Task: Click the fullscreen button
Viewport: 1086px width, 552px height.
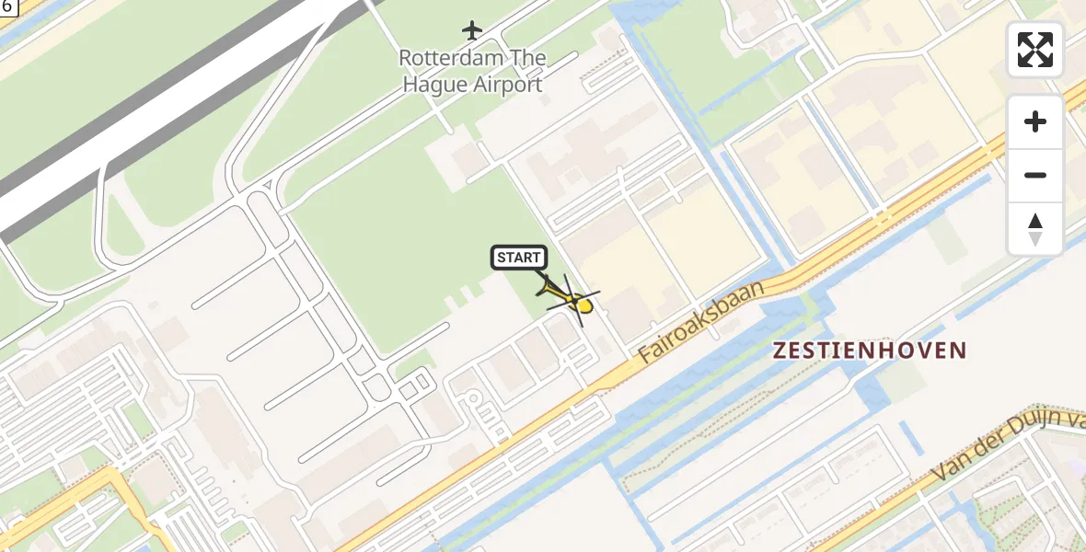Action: click(x=1035, y=50)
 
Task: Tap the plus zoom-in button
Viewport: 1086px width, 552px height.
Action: click(x=1035, y=121)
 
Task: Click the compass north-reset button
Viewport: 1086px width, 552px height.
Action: click(x=1035, y=229)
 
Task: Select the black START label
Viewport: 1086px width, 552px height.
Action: click(x=519, y=258)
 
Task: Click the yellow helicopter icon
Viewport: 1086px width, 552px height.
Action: click(x=572, y=299)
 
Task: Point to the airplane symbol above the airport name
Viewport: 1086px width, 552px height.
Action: click(x=472, y=30)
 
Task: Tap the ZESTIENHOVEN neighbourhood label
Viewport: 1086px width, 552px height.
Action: click(x=870, y=351)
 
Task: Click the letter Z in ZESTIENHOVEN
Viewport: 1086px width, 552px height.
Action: click(x=780, y=351)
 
